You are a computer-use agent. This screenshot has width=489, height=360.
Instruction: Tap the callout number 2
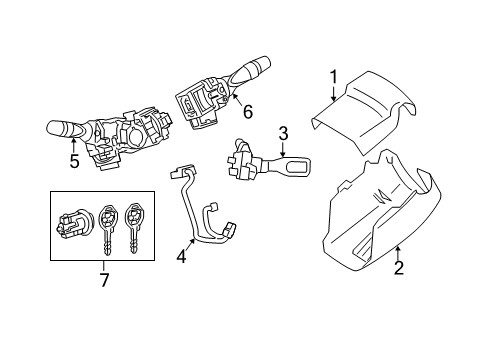[398, 267]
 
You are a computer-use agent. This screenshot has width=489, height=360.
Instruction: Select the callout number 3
[283, 132]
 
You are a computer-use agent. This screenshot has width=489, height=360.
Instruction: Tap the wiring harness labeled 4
[200, 215]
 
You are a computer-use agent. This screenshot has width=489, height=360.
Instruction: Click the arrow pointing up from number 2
[396, 250]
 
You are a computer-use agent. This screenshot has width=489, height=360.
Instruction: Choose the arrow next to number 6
[237, 105]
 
